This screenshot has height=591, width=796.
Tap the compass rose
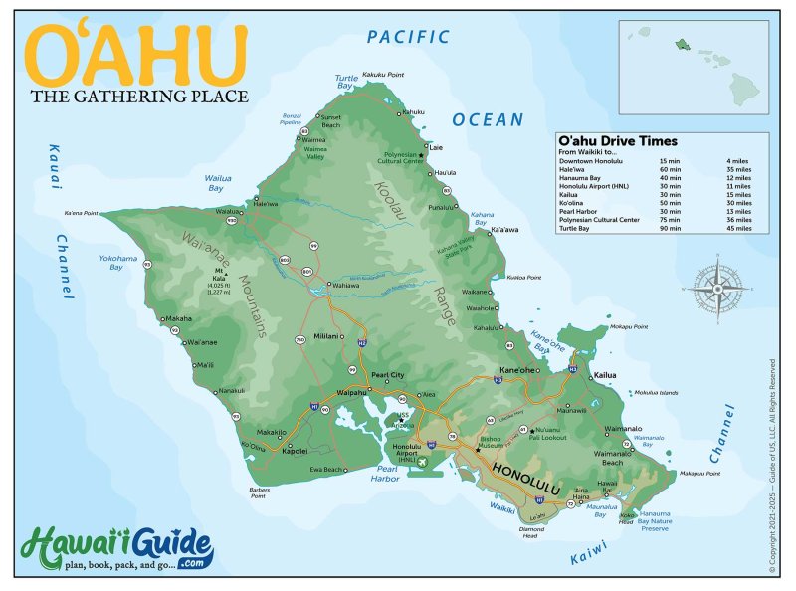click(721, 288)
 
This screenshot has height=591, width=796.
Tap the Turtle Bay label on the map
click(346, 82)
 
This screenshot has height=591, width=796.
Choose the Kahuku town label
click(413, 111)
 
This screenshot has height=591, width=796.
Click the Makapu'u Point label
click(698, 474)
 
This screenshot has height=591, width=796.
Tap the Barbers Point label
click(260, 492)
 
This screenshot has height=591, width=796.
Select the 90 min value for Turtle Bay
click(669, 229)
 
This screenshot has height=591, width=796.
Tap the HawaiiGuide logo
click(116, 549)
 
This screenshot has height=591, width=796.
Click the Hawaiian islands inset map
click(694, 67)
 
